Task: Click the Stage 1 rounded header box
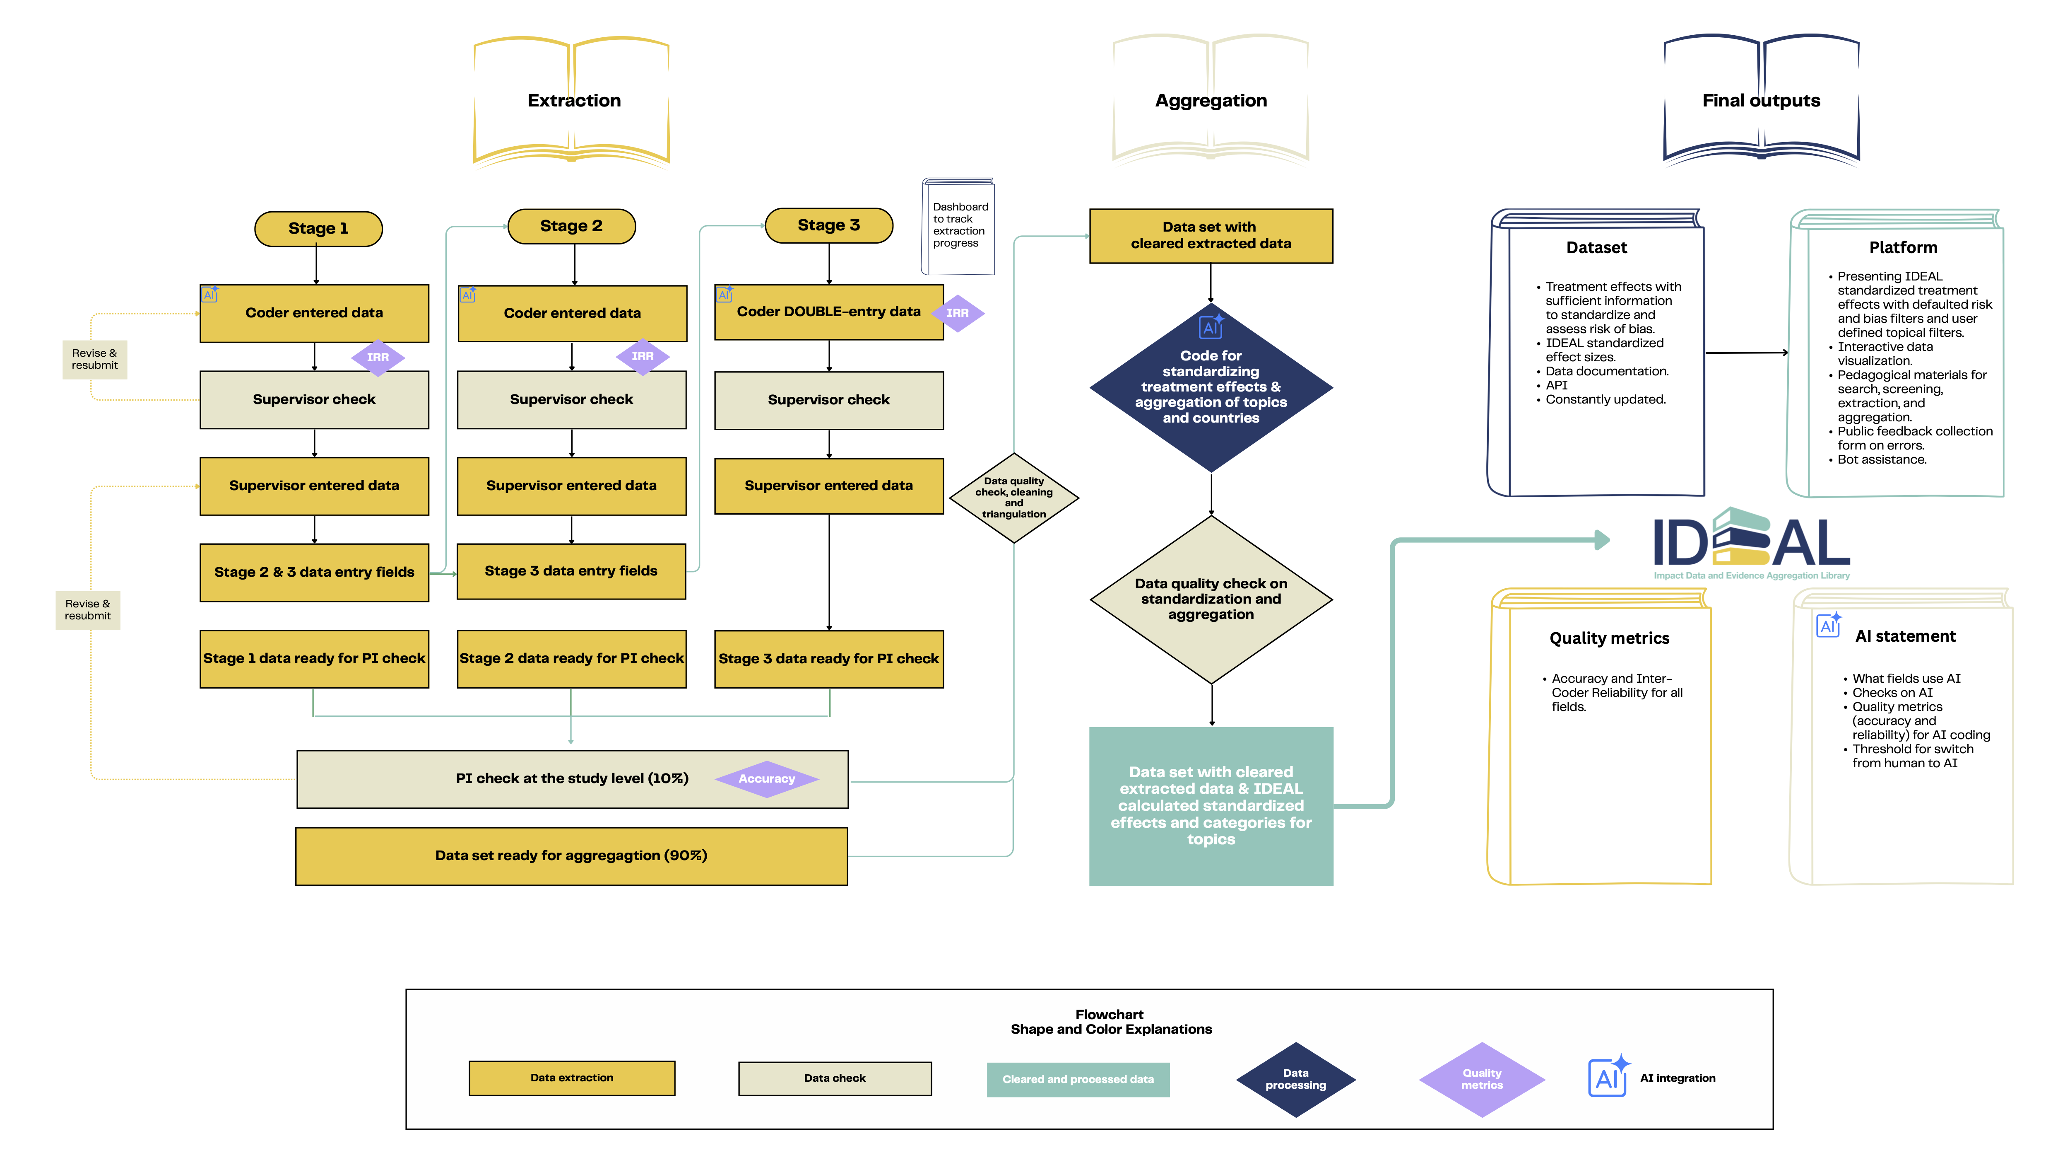[x=318, y=228]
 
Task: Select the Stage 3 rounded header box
[x=828, y=225]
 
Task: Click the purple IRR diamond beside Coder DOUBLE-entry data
[x=957, y=313]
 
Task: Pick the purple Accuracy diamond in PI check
[x=767, y=778]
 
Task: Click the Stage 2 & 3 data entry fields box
[x=314, y=572]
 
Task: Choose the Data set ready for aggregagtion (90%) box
[x=571, y=856]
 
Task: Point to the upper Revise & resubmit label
[x=95, y=359]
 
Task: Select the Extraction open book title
[x=574, y=101]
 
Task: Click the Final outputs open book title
[x=1761, y=101]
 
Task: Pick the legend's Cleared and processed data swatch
[x=1078, y=1079]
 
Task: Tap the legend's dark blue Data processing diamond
[x=1295, y=1079]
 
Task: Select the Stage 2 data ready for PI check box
[x=571, y=658]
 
